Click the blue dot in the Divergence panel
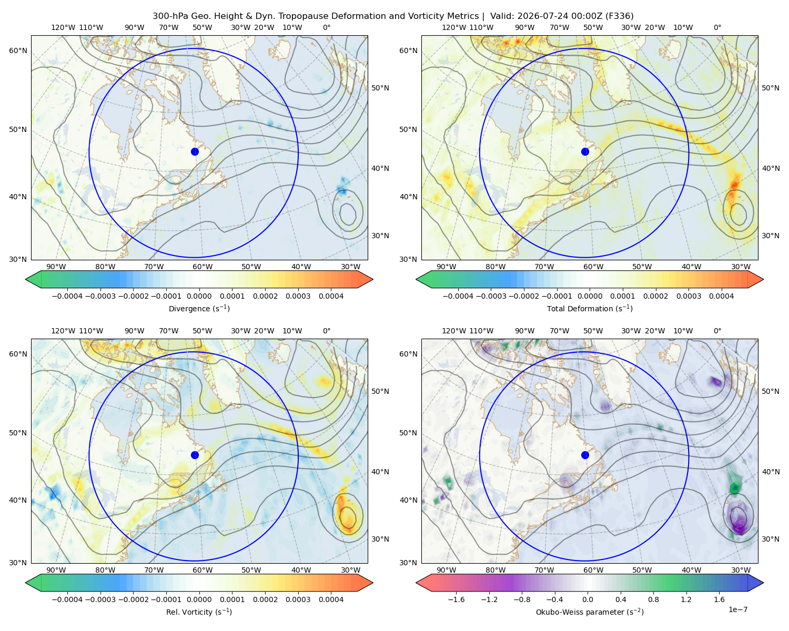click(x=195, y=151)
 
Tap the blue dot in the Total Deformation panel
click(x=585, y=151)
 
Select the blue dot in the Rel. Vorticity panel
click(x=195, y=455)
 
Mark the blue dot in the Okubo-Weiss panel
click(x=585, y=455)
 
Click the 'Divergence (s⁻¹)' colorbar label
click(x=199, y=308)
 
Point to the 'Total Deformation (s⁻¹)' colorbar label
click(x=590, y=308)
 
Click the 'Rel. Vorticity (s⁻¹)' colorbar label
click(x=199, y=612)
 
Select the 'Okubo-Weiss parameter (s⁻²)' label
click(x=590, y=612)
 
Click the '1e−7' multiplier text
click(x=737, y=609)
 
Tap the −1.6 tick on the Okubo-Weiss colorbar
click(x=456, y=599)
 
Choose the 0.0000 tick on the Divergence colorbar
click(x=199, y=296)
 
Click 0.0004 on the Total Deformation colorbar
click(x=721, y=296)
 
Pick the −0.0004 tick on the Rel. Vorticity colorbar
click(x=67, y=599)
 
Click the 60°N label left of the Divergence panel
click(x=18, y=50)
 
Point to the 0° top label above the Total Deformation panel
click(x=717, y=27)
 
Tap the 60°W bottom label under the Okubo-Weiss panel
click(x=593, y=570)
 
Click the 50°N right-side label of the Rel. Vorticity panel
click(x=380, y=391)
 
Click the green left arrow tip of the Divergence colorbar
click(x=26, y=279)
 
